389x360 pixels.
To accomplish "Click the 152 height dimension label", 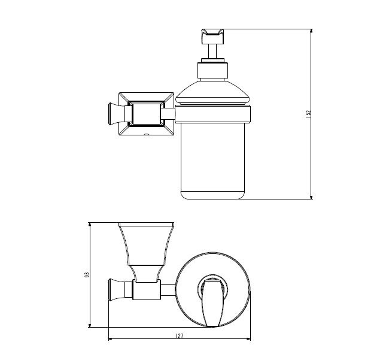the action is coord(308,114).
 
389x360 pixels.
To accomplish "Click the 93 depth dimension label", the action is coord(87,275).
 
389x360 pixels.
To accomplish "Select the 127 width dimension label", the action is coord(180,336).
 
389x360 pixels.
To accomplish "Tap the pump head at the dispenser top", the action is coord(213,37).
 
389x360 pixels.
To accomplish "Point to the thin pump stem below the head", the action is coord(213,52).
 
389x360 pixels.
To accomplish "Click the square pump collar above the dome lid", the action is coord(212,70).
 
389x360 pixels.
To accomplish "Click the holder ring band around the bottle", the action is coord(213,114).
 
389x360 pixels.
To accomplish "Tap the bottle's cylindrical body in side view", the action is coord(212,161).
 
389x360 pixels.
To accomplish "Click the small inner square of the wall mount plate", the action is coord(147,114).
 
